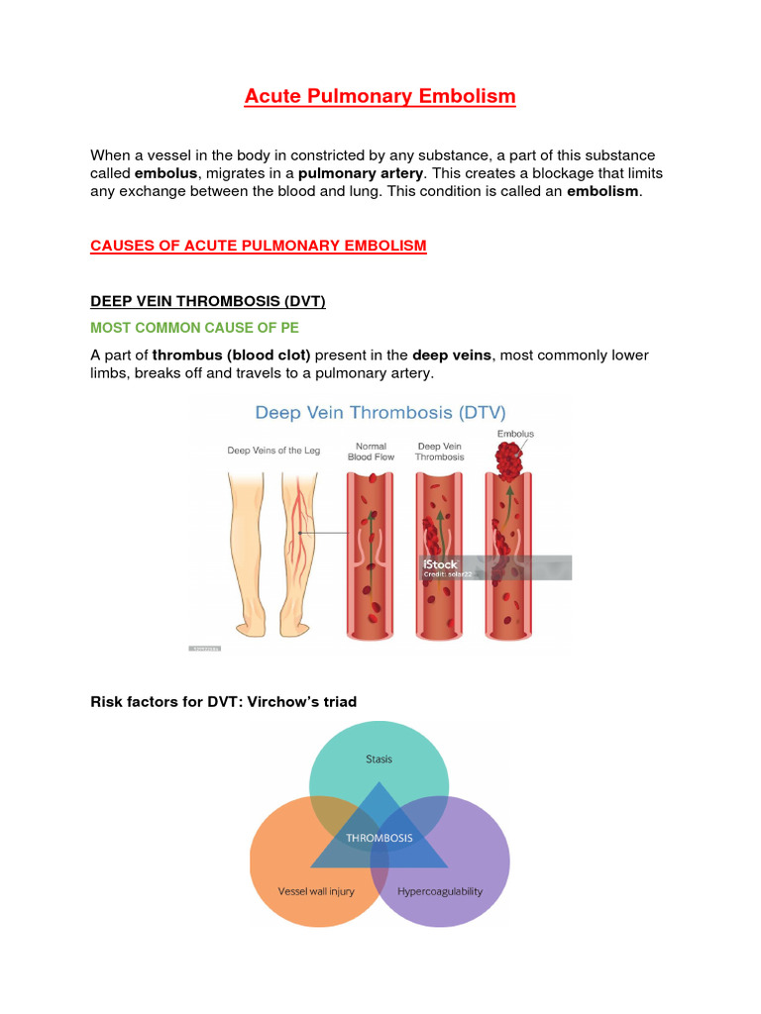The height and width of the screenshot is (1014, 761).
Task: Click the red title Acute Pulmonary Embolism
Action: click(x=380, y=96)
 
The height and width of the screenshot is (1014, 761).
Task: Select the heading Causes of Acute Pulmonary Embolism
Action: click(x=259, y=246)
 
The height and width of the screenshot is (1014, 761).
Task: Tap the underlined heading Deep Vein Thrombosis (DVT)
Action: click(x=208, y=301)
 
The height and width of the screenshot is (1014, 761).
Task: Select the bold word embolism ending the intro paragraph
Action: click(x=603, y=191)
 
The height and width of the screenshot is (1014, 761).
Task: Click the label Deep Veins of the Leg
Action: click(x=273, y=451)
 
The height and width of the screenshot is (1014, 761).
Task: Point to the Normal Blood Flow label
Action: click(x=371, y=452)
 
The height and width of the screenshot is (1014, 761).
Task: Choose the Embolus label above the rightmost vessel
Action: click(x=515, y=434)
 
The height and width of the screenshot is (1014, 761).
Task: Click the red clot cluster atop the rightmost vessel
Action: click(x=511, y=461)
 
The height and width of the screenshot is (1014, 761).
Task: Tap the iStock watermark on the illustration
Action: click(x=440, y=564)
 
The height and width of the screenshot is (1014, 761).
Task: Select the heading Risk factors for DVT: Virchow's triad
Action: click(x=223, y=701)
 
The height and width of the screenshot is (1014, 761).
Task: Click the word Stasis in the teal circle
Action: click(x=379, y=760)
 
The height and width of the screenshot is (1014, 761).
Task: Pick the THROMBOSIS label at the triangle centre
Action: click(x=380, y=838)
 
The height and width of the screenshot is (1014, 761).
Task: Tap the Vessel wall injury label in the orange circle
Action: click(x=315, y=891)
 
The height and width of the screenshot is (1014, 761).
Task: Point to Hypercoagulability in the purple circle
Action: click(x=439, y=891)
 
